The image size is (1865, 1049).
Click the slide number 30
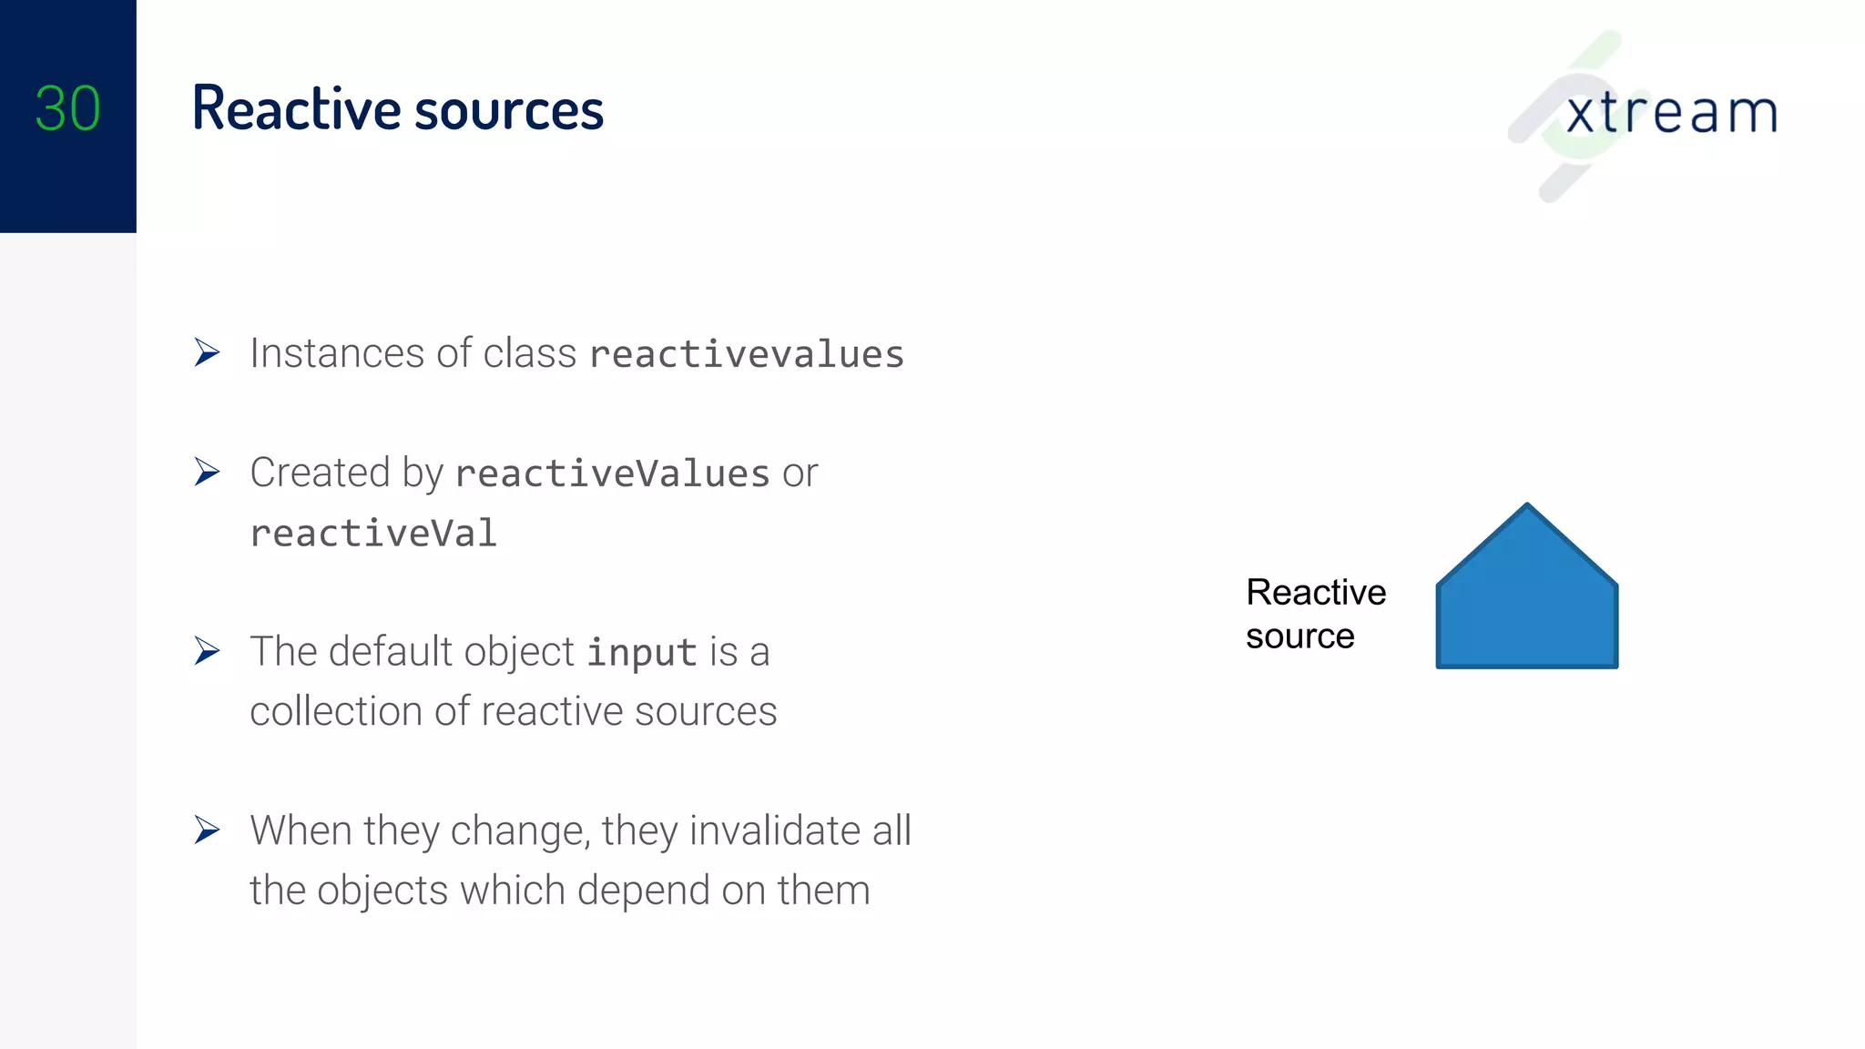coord(67,109)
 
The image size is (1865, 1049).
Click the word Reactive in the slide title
coord(296,109)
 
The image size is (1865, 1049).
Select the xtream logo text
coord(1671,113)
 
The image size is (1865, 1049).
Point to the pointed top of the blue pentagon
coord(1527,506)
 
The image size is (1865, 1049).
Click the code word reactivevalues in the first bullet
coord(747,354)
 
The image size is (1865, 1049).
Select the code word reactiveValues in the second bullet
coord(613,474)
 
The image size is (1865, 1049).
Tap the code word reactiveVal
coord(373,534)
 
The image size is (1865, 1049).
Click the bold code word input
coord(641,653)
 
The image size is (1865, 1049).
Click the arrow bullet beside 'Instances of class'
coord(208,352)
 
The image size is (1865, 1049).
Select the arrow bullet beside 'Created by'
coord(208,472)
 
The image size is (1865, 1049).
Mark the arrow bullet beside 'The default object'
coord(208,651)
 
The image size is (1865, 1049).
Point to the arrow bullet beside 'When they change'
coord(208,830)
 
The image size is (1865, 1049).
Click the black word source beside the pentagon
coord(1299,637)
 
